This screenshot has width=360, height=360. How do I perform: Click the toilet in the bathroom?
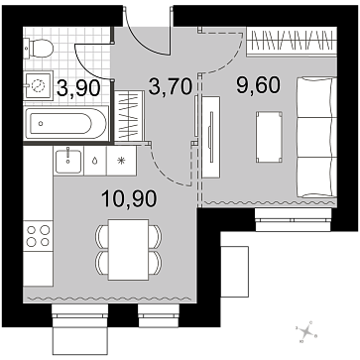(39, 49)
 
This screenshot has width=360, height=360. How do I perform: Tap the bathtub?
(65, 123)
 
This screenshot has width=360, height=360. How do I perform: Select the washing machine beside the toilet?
(39, 85)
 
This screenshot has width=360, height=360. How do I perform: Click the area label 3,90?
(78, 88)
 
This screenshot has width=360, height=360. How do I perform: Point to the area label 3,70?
(171, 86)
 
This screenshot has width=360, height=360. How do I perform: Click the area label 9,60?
(258, 84)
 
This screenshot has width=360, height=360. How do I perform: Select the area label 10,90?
(129, 198)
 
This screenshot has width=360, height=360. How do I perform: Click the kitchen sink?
(68, 161)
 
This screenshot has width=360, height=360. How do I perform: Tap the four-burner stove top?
(38, 236)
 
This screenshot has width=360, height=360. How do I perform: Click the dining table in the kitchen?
(128, 250)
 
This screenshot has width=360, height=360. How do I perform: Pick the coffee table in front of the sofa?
(269, 137)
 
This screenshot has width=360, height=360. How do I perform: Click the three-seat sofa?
(316, 137)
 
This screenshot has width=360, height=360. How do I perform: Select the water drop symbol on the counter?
(95, 161)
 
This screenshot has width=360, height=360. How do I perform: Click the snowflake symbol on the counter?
(121, 161)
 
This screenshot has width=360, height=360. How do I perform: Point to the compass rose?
(307, 331)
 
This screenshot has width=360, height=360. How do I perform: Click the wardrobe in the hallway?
(129, 116)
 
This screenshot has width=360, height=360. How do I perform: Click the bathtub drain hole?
(41, 123)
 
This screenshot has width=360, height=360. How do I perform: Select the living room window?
(294, 220)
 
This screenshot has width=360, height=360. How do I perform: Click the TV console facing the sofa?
(211, 137)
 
